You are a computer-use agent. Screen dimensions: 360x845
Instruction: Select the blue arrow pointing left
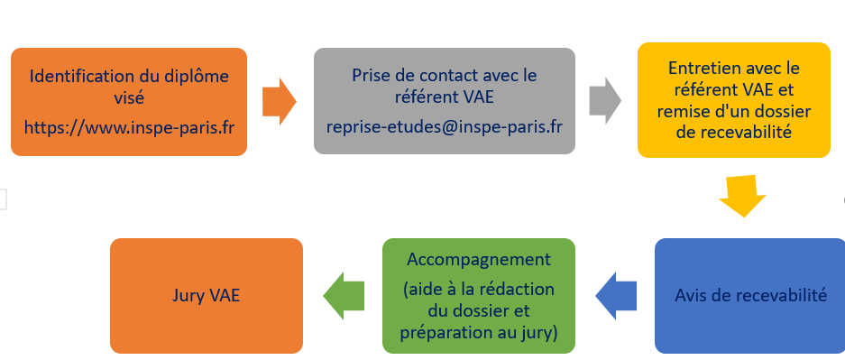tap(618, 294)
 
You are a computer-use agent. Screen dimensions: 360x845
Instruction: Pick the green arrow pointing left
tap(343, 294)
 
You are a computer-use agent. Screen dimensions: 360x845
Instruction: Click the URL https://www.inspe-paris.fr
tap(129, 125)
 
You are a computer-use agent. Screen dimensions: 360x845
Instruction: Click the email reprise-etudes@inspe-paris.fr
tap(444, 125)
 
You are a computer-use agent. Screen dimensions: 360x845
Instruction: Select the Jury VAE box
tap(206, 295)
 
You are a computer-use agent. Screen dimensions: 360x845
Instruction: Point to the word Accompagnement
tap(478, 259)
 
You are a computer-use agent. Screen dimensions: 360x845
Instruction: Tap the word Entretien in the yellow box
tap(701, 69)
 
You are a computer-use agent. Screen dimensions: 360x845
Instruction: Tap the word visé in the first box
tap(129, 97)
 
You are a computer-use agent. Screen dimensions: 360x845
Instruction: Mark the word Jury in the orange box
tap(187, 295)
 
